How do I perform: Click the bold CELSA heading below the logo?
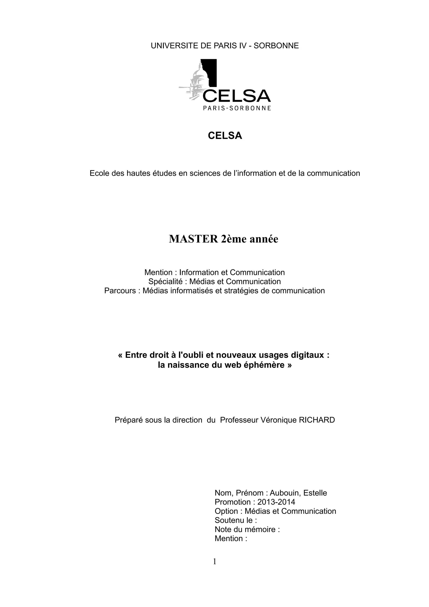point(225,136)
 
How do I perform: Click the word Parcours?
point(120,291)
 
